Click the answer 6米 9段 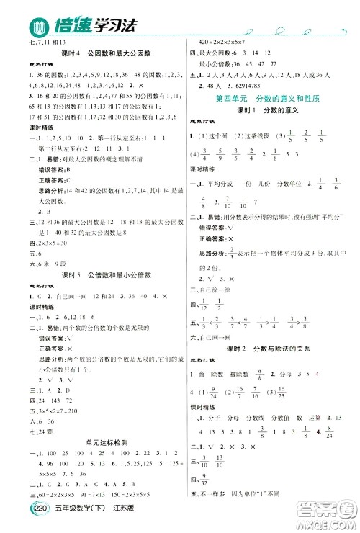tap(36, 262)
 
